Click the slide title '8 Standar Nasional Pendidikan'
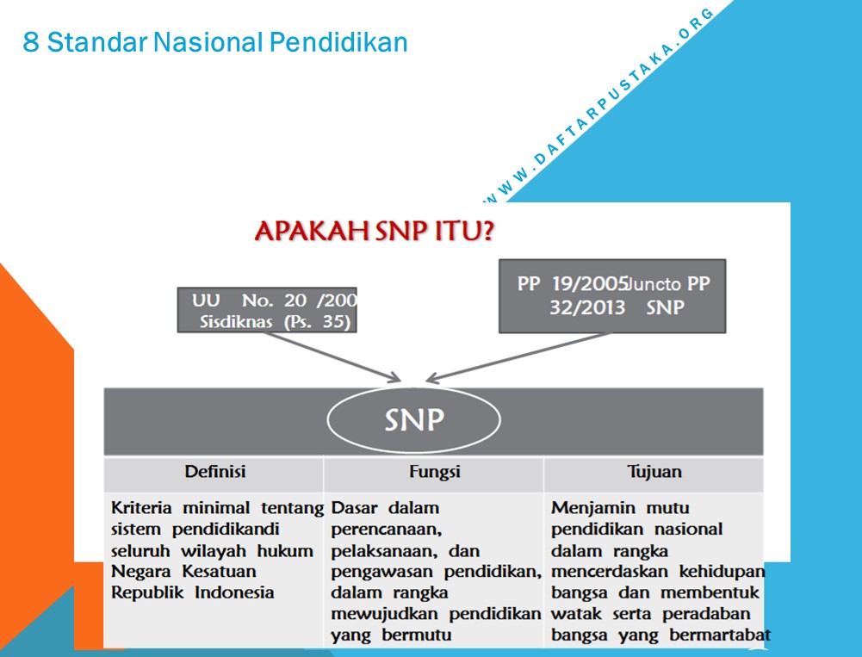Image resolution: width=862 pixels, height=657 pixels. tap(215, 42)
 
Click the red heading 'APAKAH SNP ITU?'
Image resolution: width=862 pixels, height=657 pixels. tap(375, 231)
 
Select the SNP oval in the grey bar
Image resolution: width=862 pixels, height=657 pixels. tap(414, 420)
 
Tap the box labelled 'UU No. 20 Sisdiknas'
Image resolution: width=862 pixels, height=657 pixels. tap(267, 310)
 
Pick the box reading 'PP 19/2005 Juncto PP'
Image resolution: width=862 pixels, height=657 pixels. tap(612, 296)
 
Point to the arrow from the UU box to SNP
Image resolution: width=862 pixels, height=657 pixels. tap(332, 356)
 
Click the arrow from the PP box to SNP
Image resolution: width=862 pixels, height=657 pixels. tap(518, 356)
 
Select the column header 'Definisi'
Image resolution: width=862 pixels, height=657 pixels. tap(215, 472)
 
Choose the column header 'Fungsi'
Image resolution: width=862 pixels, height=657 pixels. tap(434, 472)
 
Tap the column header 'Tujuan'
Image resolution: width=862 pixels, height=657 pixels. tap(654, 472)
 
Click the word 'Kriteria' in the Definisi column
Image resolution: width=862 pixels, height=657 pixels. tap(141, 507)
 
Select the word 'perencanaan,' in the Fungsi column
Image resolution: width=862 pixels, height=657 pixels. tap(387, 530)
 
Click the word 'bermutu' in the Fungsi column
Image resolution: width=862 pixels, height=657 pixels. tap(417, 635)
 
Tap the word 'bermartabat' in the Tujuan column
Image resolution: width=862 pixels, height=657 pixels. tap(720, 635)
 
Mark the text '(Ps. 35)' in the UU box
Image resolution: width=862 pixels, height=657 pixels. tap(317, 322)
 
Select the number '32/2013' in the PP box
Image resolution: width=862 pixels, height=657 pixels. tap(587, 307)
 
